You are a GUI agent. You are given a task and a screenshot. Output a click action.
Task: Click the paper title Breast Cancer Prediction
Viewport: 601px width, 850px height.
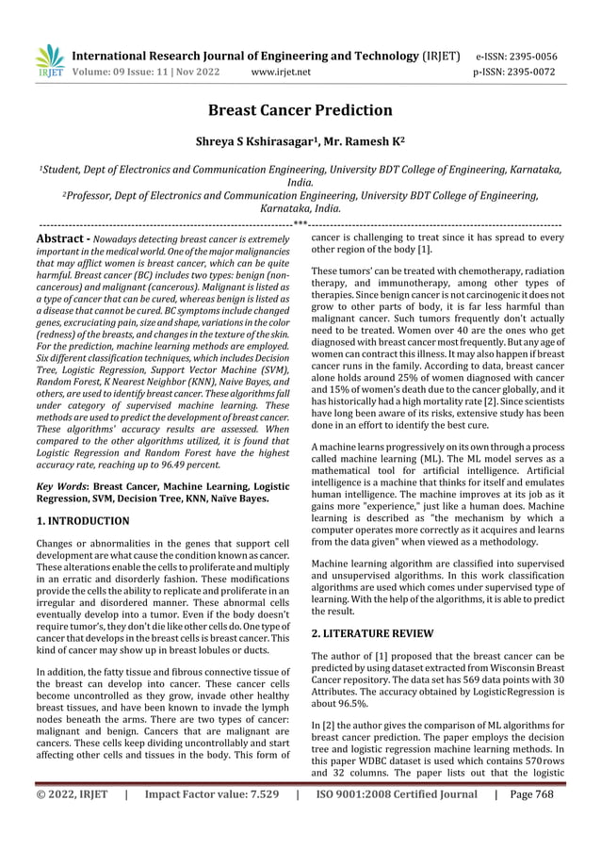pyautogui.click(x=300, y=110)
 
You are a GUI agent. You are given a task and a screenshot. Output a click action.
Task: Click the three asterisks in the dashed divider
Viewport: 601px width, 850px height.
pyautogui.click(x=300, y=223)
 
